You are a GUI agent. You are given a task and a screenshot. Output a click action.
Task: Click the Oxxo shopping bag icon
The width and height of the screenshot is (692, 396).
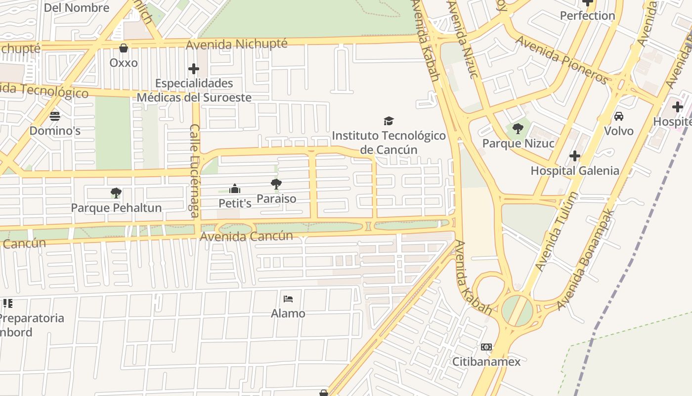[124, 48]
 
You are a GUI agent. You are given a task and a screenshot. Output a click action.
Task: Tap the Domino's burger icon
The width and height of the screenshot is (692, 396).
[55, 116]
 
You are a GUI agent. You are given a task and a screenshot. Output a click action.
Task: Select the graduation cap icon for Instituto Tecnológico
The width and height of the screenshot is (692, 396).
[389, 121]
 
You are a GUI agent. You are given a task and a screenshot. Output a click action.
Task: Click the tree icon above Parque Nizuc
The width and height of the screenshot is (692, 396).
[518, 129]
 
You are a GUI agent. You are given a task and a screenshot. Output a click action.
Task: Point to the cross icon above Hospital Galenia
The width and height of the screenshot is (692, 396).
[574, 156]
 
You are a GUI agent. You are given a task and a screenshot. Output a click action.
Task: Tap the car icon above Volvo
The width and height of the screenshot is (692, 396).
[618, 116]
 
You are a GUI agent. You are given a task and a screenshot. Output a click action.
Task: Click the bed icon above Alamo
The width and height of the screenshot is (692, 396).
[288, 298]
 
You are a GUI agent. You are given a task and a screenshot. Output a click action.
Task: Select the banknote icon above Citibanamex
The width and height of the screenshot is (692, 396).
[486, 347]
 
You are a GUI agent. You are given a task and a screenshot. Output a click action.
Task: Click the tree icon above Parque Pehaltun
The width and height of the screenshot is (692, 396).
[116, 193]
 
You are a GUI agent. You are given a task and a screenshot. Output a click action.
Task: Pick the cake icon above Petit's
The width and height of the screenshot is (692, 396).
[235, 189]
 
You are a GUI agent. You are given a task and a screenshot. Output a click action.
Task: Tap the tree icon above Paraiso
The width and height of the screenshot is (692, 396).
[276, 184]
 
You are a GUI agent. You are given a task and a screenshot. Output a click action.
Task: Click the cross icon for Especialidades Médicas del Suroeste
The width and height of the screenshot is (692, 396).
[194, 69]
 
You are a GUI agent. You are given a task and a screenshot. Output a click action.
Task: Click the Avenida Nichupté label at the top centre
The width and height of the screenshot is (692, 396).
[237, 45]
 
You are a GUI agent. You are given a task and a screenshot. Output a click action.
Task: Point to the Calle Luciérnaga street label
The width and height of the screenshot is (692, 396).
[195, 171]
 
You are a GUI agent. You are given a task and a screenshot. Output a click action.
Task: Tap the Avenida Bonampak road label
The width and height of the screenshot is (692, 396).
[586, 259]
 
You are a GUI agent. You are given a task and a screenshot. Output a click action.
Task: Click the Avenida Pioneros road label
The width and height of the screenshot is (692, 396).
[562, 59]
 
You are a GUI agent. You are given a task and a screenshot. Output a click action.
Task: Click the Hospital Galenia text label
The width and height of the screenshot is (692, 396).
[574, 171]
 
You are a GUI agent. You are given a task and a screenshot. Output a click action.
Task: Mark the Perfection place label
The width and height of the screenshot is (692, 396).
[587, 16]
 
